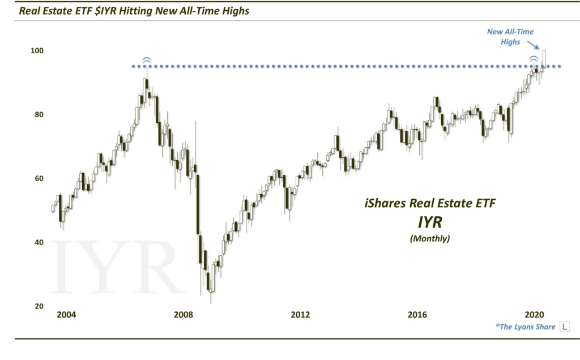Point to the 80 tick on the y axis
tap(39, 114)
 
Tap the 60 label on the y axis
tap(39, 178)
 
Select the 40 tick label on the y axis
tap(39, 242)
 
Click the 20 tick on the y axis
tap(39, 306)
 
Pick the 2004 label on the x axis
tap(66, 315)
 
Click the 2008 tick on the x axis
tap(183, 315)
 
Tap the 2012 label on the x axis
tap(300, 315)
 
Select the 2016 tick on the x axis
tap(417, 315)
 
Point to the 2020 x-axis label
tap(534, 315)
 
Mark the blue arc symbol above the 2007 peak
tap(146, 61)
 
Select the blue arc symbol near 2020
tap(534, 60)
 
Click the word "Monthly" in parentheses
tap(429, 239)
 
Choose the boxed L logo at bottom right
tap(565, 327)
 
